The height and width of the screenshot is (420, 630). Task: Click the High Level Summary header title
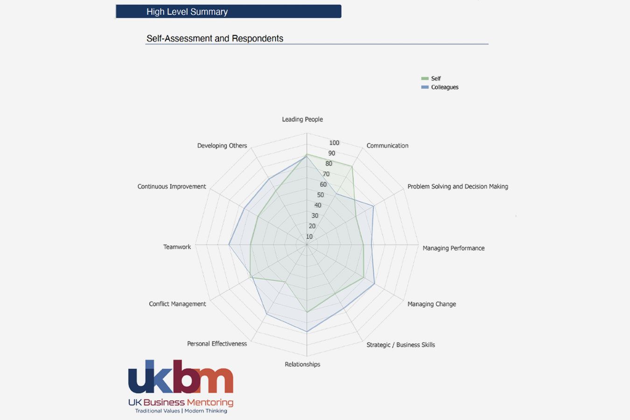(187, 12)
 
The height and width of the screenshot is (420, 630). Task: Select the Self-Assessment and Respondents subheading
(215, 38)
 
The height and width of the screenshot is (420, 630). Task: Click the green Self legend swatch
(425, 78)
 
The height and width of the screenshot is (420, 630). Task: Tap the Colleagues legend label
(444, 87)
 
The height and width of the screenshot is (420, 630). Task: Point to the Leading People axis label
(302, 119)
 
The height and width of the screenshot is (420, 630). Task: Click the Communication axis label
(387, 146)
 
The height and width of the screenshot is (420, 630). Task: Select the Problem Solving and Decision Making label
(457, 186)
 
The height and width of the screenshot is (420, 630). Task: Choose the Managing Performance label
(453, 248)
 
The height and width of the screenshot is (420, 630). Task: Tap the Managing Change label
(432, 304)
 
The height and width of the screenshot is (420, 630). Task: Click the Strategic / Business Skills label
(400, 345)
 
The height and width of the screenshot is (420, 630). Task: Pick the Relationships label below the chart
(302, 364)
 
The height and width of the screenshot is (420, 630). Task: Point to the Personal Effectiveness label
(217, 343)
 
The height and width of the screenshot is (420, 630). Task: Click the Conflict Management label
(177, 304)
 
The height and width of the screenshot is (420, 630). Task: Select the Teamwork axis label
(177, 247)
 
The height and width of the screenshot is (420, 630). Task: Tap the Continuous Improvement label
(171, 186)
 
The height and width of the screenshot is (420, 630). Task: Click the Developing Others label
(222, 146)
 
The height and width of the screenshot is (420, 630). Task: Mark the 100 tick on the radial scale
(334, 143)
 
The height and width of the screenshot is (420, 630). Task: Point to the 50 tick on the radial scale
(320, 195)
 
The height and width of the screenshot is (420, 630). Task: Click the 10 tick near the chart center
(309, 237)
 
